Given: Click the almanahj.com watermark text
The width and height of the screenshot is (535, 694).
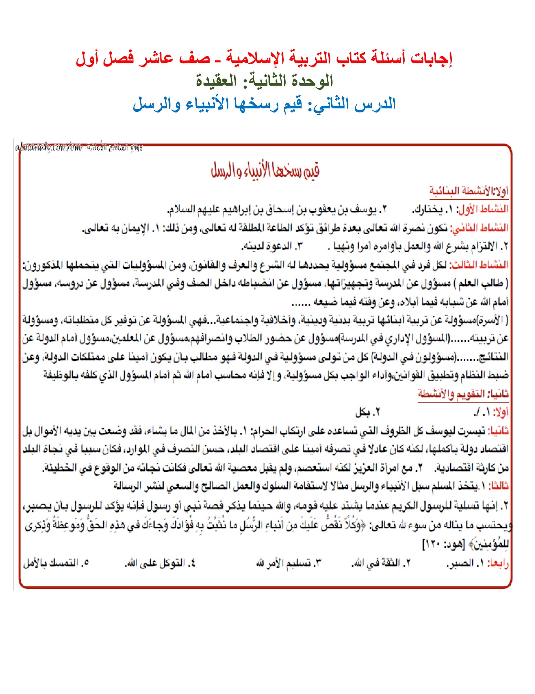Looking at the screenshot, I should [x=49, y=148].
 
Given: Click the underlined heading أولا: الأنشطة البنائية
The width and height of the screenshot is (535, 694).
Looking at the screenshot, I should [x=469, y=191].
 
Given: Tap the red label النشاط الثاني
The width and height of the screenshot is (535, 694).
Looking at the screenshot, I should [x=480, y=228].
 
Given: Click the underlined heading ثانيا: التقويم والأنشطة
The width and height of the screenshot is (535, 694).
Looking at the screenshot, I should [x=463, y=394].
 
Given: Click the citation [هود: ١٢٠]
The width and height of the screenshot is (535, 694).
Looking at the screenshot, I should [x=443, y=545].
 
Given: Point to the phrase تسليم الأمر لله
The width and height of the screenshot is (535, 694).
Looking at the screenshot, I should [x=284, y=563].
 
